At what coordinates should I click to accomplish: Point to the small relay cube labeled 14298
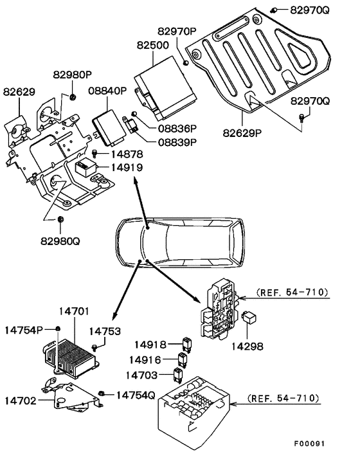point(250,317)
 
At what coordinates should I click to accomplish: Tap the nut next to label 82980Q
point(60,221)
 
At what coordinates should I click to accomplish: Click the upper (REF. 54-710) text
point(292,292)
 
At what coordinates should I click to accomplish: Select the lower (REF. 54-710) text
point(283,399)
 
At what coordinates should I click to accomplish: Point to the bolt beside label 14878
point(96,154)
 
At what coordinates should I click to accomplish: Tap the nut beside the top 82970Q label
point(274,10)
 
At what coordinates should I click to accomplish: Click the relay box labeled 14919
point(85,168)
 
